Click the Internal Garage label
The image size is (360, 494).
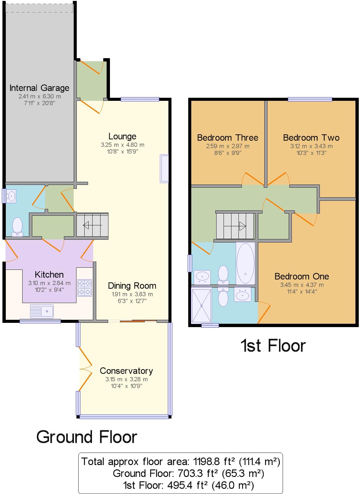[39, 88]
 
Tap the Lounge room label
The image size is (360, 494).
[122, 136]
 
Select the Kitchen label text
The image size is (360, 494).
[49, 275]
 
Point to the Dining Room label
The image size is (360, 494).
[132, 286]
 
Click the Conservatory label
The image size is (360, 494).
[126, 371]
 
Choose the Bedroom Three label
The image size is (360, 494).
[228, 138]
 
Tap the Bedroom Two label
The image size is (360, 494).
[311, 138]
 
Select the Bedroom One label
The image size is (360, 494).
[302, 276]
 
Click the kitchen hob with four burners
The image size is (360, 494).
[85, 288]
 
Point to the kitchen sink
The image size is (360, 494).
[42, 311]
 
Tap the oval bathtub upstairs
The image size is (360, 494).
[245, 263]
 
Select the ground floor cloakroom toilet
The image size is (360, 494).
[17, 227]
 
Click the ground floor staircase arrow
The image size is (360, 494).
[92, 225]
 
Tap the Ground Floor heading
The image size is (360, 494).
[87, 437]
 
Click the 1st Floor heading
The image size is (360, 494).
[273, 345]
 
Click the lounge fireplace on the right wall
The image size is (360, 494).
[164, 169]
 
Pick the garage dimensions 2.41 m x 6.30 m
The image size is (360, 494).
[40, 96]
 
